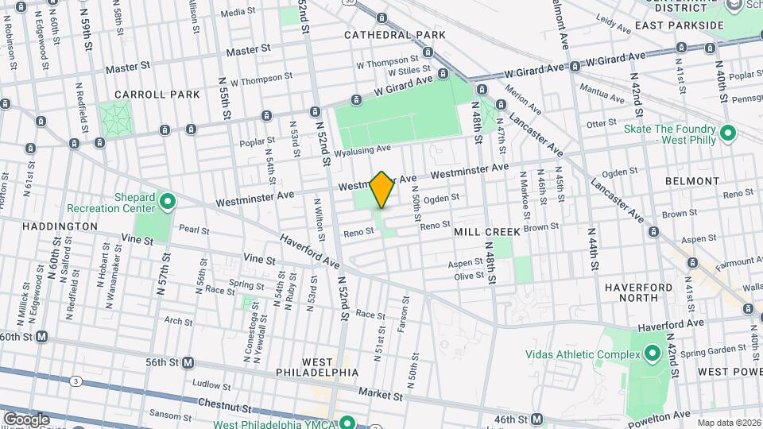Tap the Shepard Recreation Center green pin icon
[x=167, y=202]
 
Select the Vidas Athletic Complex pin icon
[x=652, y=353]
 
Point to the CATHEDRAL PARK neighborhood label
[x=395, y=36]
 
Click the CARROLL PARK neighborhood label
[x=157, y=95]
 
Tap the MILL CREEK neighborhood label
[x=487, y=232]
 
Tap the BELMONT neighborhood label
[x=692, y=181]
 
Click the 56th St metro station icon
[x=189, y=362]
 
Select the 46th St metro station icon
[x=537, y=419]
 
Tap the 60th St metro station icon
[x=41, y=336]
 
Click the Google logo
[x=26, y=419]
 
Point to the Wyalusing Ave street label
[x=362, y=149]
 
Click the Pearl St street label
[x=193, y=230]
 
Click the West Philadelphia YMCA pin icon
[x=347, y=421]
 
